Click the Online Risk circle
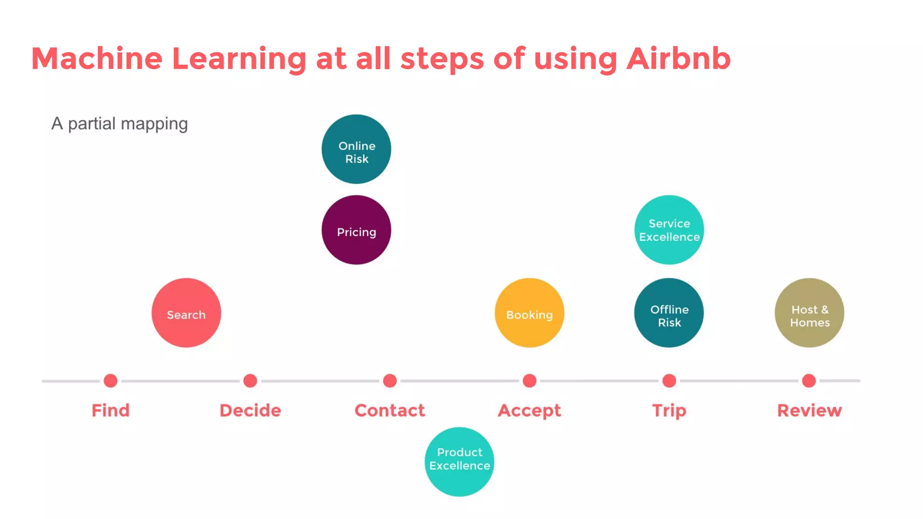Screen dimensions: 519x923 pos(356,149)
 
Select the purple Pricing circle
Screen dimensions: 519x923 pos(356,230)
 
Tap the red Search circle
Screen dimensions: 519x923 pos(186,313)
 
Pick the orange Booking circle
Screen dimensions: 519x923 pos(529,313)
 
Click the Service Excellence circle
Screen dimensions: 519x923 pos(669,230)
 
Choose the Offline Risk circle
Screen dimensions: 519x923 pos(669,313)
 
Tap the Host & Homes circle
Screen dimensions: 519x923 pos(809,313)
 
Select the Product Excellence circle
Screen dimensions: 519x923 pos(459,462)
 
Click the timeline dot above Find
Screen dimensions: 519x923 pos(110,381)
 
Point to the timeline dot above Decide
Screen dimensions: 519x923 pos(250,381)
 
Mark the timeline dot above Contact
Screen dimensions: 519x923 pos(390,381)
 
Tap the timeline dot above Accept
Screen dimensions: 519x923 pos(530,381)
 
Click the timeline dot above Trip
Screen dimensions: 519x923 pos(669,381)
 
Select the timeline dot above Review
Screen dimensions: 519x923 pos(809,381)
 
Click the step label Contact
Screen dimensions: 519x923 pos(390,410)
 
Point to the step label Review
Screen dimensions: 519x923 pos(809,410)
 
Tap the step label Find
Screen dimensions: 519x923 pos(110,410)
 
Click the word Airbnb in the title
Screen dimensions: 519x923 pos(678,59)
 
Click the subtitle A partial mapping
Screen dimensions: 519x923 pos(119,123)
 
